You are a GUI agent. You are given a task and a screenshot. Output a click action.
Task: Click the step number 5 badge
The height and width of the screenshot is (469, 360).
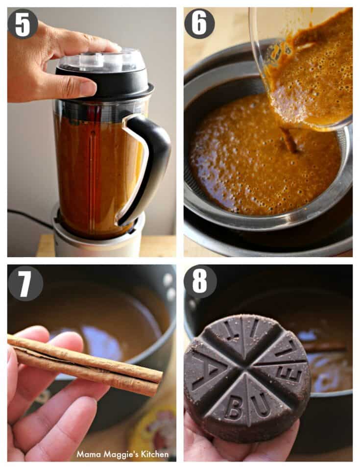point(23,24)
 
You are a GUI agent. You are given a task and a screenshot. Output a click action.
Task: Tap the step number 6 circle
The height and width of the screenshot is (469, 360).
point(199,24)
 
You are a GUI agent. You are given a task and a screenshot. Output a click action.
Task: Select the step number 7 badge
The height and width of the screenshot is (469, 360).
point(25,283)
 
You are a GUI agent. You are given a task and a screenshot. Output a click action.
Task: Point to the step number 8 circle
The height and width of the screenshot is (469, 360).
point(200,281)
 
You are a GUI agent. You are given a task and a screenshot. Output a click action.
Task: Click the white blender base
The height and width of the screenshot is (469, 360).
point(96,236)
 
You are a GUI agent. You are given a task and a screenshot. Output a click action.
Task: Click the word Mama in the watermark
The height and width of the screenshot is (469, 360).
point(86,454)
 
